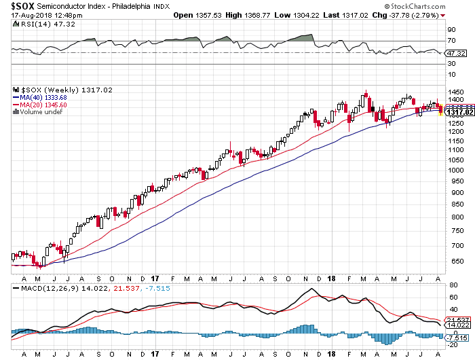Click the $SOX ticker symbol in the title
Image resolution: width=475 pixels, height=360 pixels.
click(22, 5)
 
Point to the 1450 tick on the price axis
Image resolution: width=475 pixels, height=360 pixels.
click(455, 92)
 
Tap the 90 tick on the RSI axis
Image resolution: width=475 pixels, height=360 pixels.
click(451, 30)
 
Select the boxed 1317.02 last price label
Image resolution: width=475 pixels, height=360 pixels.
click(455, 112)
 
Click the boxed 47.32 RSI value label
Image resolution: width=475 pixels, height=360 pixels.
click(455, 53)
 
